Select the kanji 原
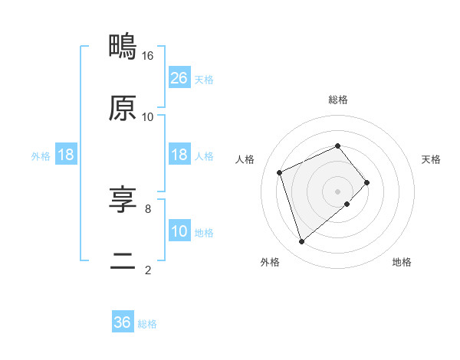tap(123, 108)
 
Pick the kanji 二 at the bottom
tap(123, 261)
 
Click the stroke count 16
tap(148, 56)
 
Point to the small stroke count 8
tap(148, 208)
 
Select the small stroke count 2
tap(148, 270)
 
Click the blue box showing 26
tap(179, 78)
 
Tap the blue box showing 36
tap(123, 322)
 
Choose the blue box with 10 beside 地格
tap(179, 231)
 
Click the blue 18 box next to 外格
tap(66, 155)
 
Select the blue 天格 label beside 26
tap(204, 80)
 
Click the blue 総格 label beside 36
tap(147, 324)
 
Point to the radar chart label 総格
tap(338, 100)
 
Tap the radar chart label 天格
tap(432, 159)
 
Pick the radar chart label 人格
tap(245, 159)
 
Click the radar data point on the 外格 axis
tap(301, 242)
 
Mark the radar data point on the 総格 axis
tap(338, 146)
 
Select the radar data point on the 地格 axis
tap(347, 204)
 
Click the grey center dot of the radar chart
tap(338, 191)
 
